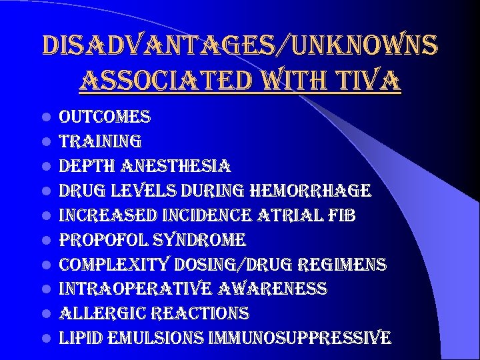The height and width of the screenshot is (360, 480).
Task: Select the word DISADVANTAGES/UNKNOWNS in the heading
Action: click(240, 45)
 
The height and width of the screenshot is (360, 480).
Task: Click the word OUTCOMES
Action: click(105, 117)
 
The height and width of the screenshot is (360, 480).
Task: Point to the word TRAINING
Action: click(100, 142)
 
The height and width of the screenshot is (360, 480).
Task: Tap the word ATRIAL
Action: click(292, 215)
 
